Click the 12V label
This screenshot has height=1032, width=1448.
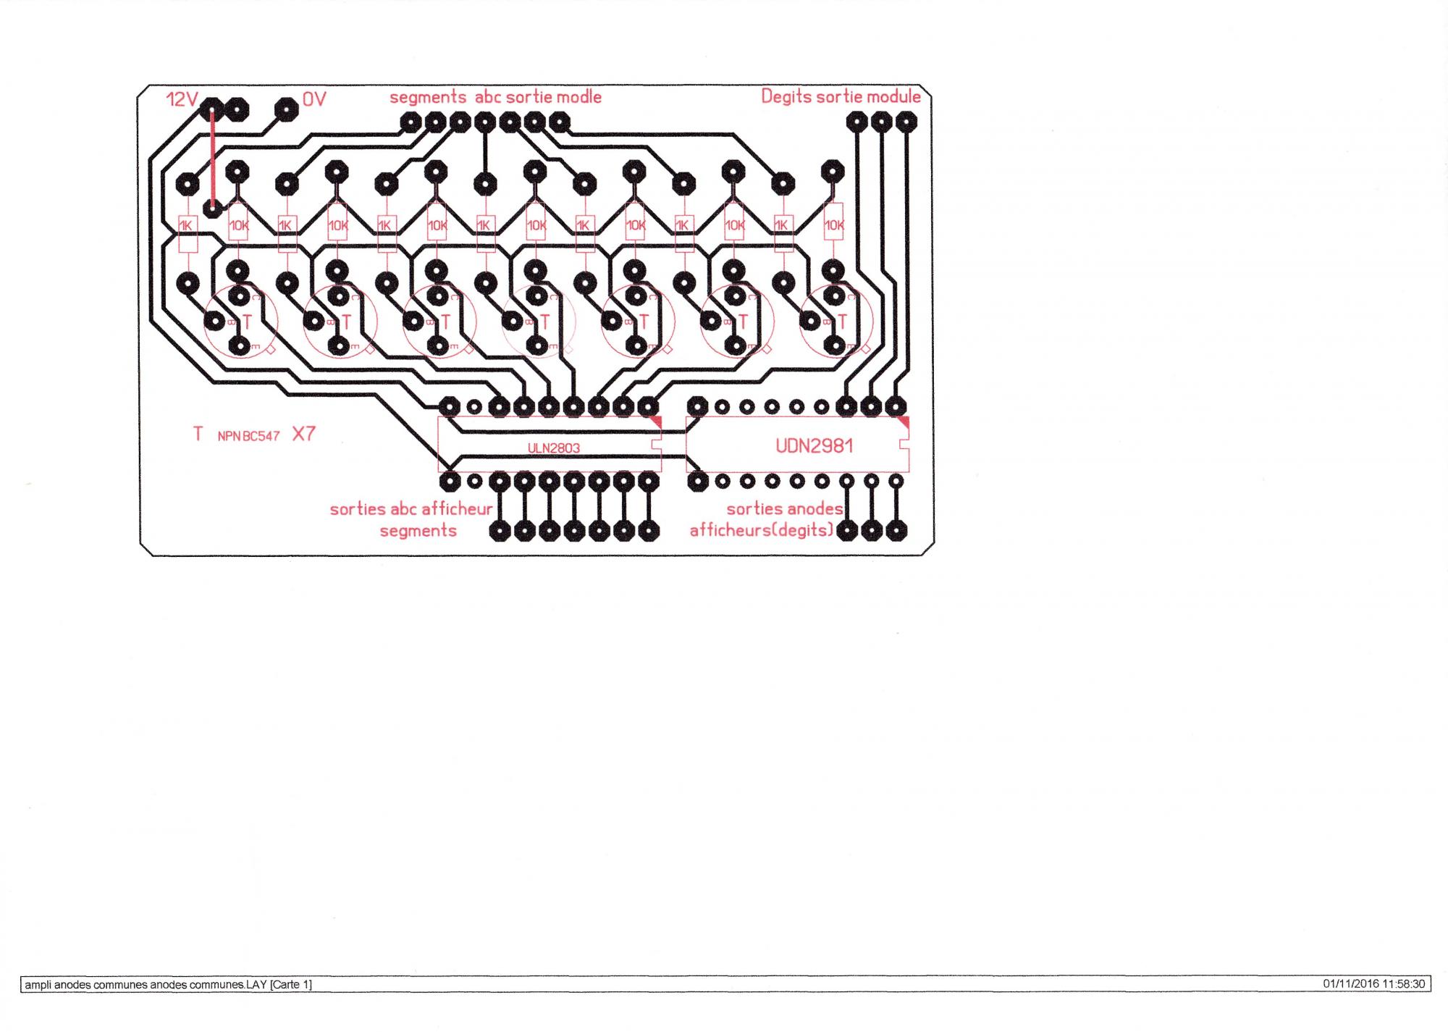point(181,99)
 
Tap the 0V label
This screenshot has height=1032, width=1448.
point(314,99)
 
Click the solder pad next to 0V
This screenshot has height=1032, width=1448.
point(287,110)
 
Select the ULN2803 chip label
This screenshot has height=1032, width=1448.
point(554,448)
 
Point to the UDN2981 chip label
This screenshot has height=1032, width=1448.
point(814,446)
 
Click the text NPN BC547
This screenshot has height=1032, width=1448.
point(248,436)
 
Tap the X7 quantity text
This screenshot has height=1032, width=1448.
point(304,434)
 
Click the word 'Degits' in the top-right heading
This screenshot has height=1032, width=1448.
point(786,97)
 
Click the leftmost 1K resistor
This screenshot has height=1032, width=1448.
point(187,226)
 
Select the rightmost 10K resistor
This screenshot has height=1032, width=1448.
point(834,226)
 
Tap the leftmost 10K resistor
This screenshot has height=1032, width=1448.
point(238,226)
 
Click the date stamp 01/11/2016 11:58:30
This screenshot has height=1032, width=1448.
point(1373,984)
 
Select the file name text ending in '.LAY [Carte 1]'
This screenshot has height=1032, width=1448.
point(168,985)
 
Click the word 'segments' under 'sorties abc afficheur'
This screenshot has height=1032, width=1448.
point(418,531)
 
